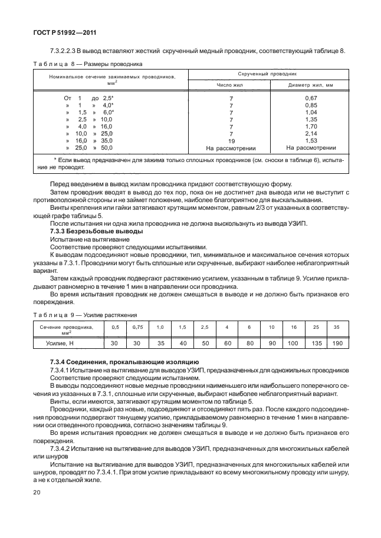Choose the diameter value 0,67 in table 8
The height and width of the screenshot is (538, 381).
(311, 97)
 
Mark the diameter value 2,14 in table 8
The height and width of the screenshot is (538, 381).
(311, 134)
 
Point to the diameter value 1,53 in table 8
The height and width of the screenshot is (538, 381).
(311, 141)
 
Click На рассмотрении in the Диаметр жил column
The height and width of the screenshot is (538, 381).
(311, 148)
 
